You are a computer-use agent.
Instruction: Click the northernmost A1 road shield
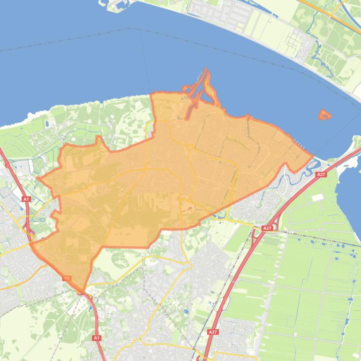[x=26, y=199]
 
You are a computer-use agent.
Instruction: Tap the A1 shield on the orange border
[x=67, y=278]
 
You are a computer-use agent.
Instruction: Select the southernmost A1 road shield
[x=97, y=338]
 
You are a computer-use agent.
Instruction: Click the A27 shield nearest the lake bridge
[x=321, y=174]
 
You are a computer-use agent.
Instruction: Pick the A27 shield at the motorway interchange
[x=267, y=228]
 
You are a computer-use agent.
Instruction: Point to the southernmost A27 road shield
[x=213, y=331]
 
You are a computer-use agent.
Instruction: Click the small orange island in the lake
[x=324, y=114]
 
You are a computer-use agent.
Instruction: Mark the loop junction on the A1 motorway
[x=31, y=231]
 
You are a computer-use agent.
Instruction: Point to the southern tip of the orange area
[x=83, y=291]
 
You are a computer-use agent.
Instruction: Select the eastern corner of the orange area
[x=313, y=157]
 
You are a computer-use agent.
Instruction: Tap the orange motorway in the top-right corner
[x=328, y=12]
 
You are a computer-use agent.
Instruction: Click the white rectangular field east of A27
[x=317, y=197]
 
